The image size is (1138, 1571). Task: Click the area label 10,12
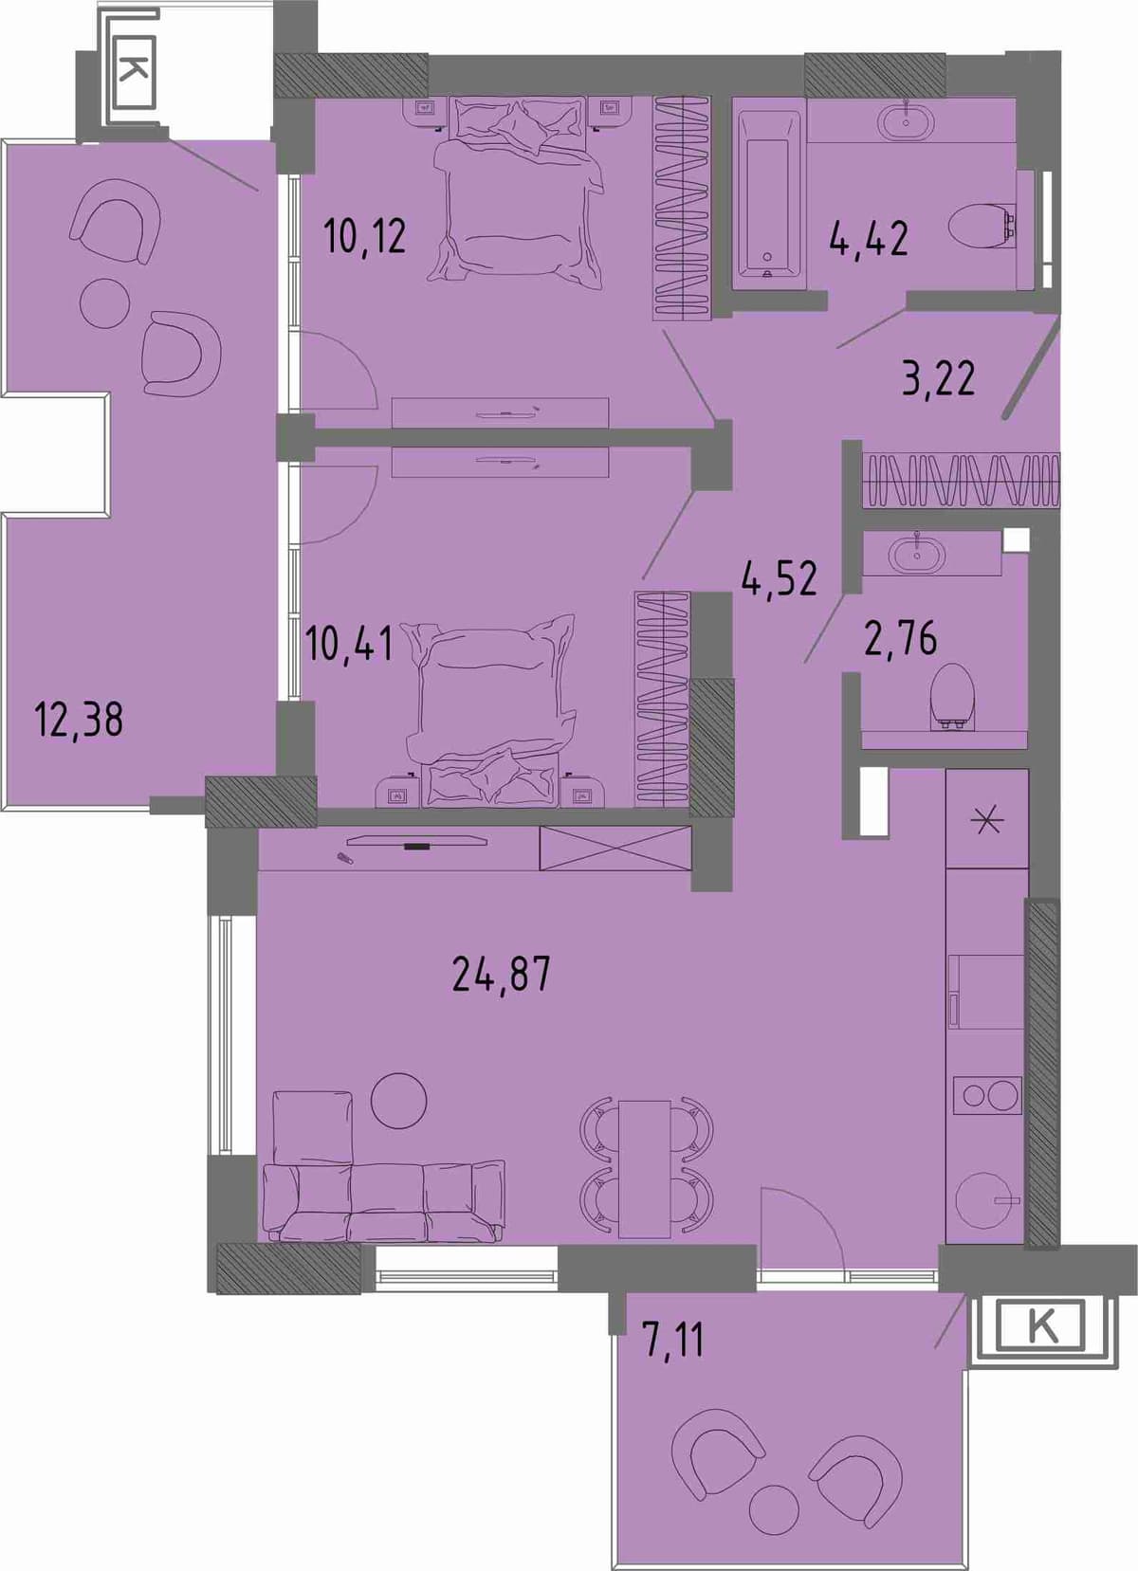coord(365,236)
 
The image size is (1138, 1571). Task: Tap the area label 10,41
coord(349,643)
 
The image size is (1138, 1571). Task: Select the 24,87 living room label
coord(501,974)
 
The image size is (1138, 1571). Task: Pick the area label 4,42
coord(869,238)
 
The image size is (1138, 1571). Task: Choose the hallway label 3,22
coord(939,378)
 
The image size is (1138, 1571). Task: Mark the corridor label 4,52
coord(780,578)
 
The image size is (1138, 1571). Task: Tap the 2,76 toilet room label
coord(901,638)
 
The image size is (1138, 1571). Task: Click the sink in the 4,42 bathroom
coord(906,121)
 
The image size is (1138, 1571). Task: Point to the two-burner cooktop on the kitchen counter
coord(986,1094)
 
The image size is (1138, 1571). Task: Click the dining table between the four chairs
coord(645,1169)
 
